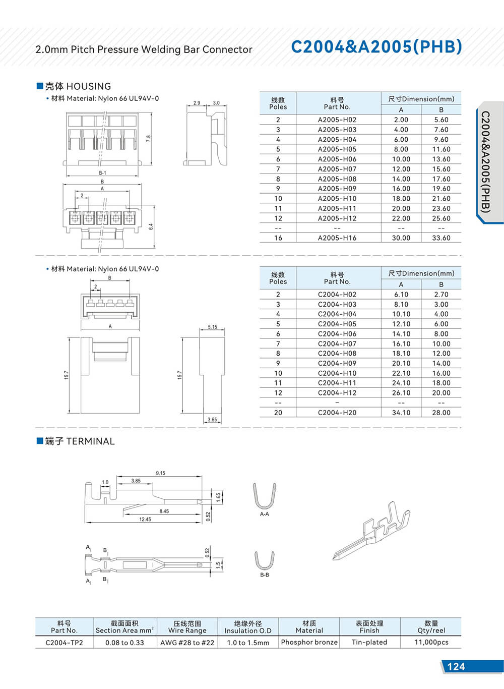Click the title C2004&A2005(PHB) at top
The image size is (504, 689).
376,47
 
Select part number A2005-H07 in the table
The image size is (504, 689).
337,169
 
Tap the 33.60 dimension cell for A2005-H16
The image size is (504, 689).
441,238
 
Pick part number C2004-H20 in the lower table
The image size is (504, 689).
337,413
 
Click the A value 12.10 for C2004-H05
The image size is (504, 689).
401,324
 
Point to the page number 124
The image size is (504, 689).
456,666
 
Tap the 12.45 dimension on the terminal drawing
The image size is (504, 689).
145,519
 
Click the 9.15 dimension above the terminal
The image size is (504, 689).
160,473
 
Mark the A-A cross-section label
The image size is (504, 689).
265,514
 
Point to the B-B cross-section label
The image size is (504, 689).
265,575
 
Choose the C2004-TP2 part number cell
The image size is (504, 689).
64,643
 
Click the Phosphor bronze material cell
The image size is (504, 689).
309,642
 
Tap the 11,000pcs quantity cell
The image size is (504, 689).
431,642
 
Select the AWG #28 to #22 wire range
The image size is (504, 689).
187,643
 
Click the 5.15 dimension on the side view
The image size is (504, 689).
213,327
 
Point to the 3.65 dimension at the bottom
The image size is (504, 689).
212,420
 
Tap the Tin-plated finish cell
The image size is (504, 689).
369,642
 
